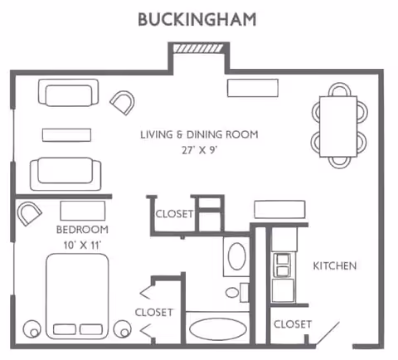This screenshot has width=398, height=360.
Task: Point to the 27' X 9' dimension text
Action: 198,150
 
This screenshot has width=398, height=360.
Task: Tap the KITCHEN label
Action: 334,266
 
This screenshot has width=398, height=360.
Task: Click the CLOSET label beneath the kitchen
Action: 292,324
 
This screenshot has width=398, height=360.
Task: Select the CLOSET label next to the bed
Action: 154,312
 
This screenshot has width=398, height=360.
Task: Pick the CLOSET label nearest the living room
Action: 174,214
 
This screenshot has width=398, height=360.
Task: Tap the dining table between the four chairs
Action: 338,126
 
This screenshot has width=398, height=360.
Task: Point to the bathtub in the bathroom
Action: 217,326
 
